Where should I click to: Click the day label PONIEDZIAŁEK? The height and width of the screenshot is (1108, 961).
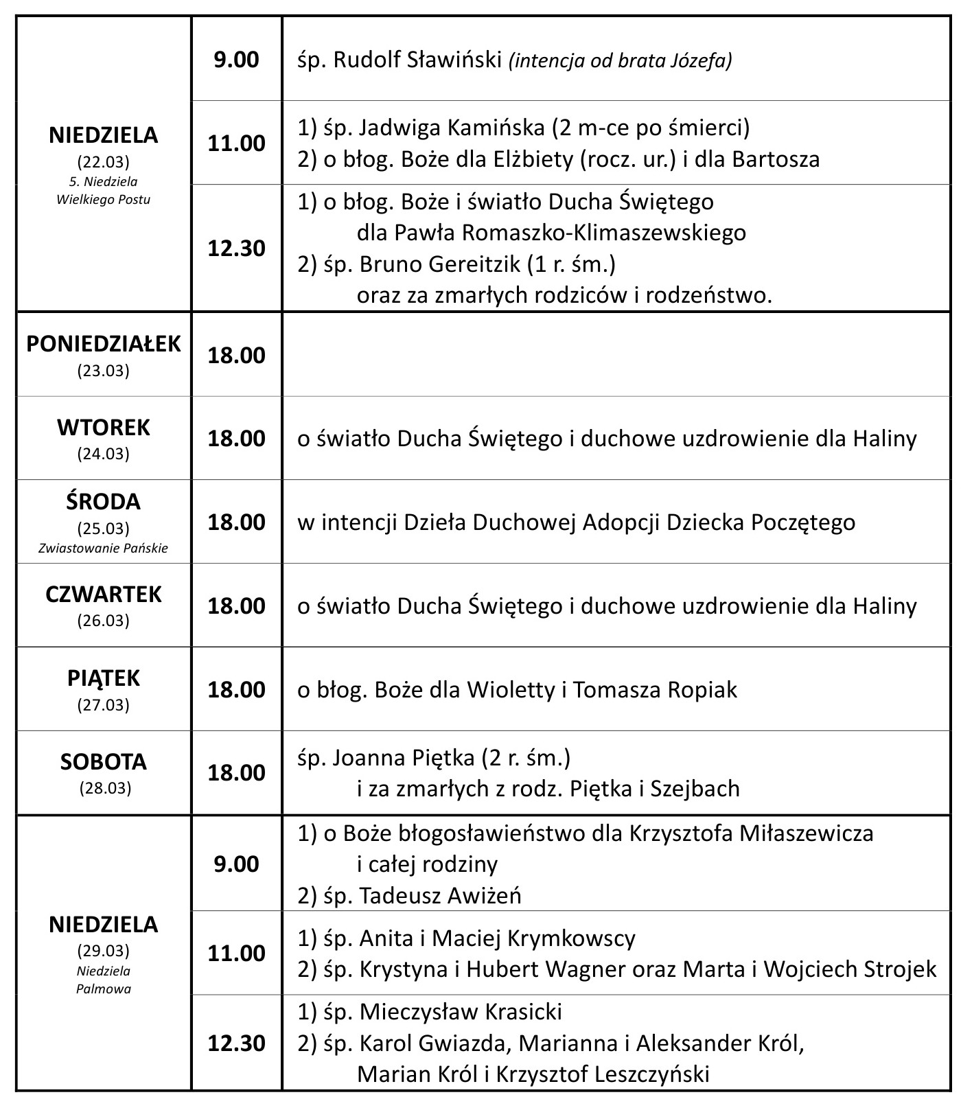(104, 344)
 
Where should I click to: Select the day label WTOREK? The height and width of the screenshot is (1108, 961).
(104, 428)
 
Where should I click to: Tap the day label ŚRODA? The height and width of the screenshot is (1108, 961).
(104, 502)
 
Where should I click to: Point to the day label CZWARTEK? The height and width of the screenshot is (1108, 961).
(104, 595)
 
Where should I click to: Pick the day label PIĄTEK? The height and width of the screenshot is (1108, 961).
(104, 678)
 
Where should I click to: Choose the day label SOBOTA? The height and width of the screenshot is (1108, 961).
(104, 762)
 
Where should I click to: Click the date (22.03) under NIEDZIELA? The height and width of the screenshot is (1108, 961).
(104, 162)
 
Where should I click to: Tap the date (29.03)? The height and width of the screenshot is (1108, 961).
(104, 951)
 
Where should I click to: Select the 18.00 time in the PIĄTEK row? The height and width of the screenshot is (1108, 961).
(236, 689)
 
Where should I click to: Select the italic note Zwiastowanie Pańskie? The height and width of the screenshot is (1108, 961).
(104, 549)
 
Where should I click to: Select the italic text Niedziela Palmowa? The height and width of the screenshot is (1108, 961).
(104, 980)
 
